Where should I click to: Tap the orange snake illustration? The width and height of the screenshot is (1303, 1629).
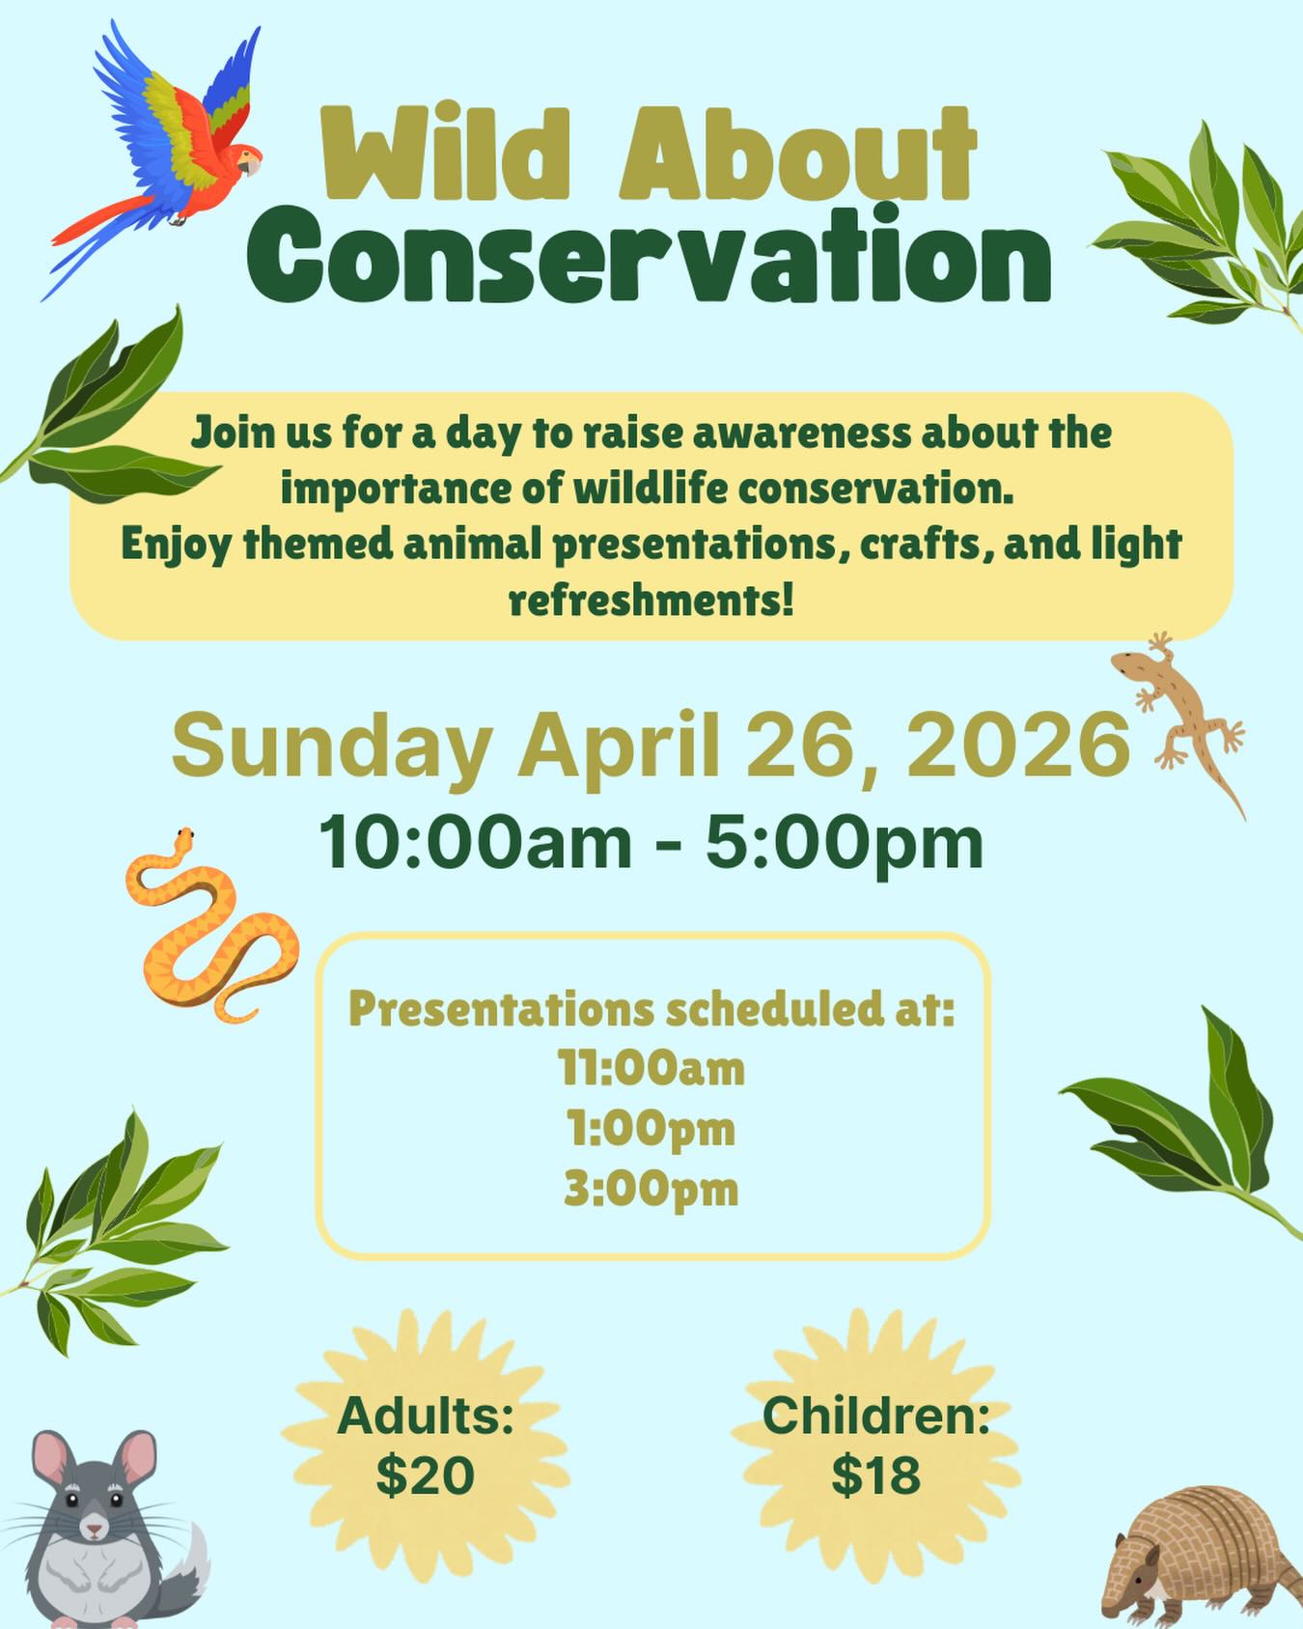(x=208, y=927)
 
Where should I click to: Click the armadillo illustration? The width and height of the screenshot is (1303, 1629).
(x=1202, y=1555)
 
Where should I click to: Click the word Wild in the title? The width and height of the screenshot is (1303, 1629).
(x=458, y=154)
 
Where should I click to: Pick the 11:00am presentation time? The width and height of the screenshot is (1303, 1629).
(x=651, y=1069)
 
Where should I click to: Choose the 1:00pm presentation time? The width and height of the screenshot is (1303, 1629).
(x=651, y=1129)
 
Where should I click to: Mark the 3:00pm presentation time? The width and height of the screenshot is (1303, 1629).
(x=651, y=1189)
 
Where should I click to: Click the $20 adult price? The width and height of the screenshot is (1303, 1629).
(x=425, y=1475)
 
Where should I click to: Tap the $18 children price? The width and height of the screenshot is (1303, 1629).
(x=876, y=1475)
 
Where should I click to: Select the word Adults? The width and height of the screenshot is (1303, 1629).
(x=425, y=1417)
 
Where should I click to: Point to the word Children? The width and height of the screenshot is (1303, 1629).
(x=876, y=1417)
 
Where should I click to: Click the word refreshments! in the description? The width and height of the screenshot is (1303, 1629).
(x=651, y=600)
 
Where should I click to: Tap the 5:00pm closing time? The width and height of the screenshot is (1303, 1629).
(x=845, y=842)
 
